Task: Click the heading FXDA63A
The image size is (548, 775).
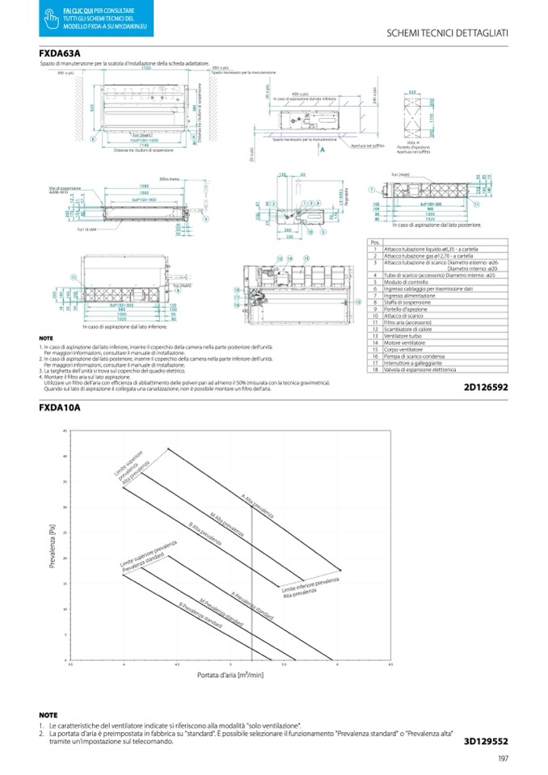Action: pos(60,54)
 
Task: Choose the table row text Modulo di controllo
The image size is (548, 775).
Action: pos(407,282)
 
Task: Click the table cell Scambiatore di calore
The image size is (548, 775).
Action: pos(411,330)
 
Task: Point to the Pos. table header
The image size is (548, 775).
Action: pos(373,241)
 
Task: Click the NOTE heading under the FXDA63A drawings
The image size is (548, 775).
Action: pos(46,338)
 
